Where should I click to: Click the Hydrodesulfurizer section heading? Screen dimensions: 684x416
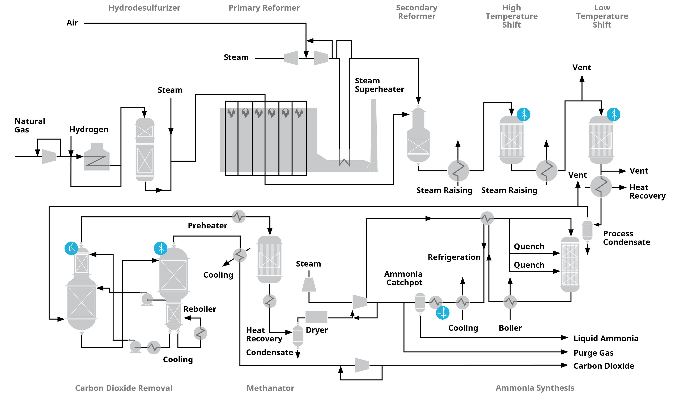144,8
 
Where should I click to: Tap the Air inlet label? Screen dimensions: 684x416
72,23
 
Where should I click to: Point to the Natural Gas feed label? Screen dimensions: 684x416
30,125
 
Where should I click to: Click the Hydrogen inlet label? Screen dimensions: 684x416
89,130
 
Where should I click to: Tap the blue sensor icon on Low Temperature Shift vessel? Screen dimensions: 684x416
614,114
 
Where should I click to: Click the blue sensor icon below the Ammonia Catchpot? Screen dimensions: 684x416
443,313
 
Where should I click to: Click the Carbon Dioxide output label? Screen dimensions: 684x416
604,366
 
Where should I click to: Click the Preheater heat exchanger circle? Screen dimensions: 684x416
239,216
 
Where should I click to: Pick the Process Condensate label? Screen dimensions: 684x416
627,238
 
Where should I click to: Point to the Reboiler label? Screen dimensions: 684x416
200,309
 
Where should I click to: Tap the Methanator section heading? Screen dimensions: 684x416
271,388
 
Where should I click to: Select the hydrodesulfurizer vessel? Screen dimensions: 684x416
145,150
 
